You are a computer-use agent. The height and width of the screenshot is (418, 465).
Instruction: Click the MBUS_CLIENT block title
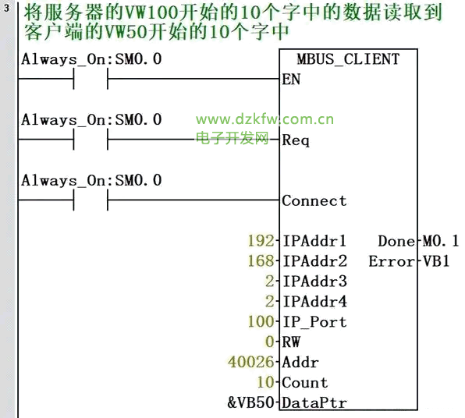point(348,59)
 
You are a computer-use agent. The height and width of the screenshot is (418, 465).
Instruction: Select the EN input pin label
point(291,79)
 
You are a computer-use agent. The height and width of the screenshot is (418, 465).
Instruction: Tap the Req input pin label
point(296,140)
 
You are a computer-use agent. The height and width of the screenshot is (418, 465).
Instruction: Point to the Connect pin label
point(314,200)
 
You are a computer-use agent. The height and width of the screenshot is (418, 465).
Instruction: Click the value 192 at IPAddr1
point(261,240)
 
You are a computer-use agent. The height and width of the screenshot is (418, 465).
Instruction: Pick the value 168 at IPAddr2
point(261,261)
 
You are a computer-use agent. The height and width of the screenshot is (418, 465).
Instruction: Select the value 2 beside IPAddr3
point(270,281)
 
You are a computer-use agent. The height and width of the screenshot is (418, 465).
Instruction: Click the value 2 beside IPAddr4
point(270,302)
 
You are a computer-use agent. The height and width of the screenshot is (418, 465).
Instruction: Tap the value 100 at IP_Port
point(261,321)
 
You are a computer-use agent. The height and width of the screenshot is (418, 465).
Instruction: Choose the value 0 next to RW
point(270,342)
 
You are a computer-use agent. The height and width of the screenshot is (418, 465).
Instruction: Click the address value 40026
point(251,362)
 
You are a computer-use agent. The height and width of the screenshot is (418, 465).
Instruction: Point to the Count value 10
point(265,382)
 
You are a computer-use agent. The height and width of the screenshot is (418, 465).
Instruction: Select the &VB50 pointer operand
point(251,402)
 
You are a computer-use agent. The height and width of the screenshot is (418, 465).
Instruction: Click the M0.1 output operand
point(440,241)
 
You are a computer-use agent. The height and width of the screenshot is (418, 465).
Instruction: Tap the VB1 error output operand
point(435,261)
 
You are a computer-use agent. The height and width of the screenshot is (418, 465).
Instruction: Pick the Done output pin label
point(396,241)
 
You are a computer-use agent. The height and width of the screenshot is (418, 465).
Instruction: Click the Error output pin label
point(392,261)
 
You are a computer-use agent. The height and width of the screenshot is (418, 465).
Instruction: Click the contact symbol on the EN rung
point(91,79)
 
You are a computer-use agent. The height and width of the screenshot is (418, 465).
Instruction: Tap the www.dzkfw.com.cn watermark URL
point(264,119)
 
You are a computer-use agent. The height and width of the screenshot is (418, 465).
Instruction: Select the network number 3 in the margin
point(6,8)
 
